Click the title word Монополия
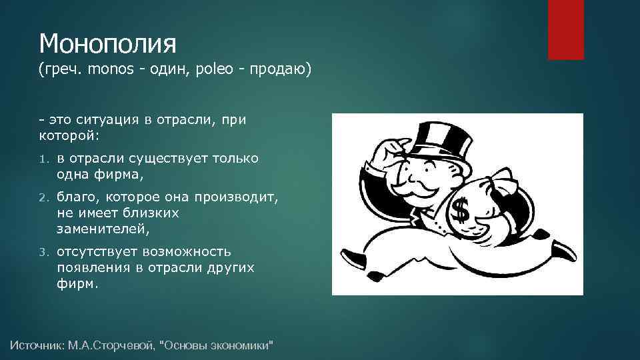click(107, 45)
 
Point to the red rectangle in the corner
click(565, 29)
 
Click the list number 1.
click(43, 159)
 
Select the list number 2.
click(43, 198)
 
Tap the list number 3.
click(43, 253)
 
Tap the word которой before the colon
click(67, 135)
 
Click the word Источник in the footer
click(37, 345)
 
